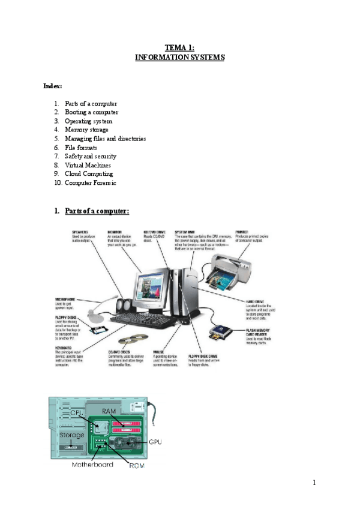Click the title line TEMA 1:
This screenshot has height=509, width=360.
click(x=179, y=47)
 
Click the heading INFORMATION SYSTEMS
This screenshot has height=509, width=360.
click(x=179, y=57)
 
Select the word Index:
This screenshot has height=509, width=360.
click(x=53, y=86)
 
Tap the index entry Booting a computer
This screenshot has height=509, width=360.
click(x=91, y=112)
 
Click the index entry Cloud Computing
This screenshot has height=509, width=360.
click(x=88, y=173)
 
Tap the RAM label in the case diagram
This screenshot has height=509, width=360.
click(x=109, y=411)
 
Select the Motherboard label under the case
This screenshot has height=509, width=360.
click(x=92, y=464)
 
